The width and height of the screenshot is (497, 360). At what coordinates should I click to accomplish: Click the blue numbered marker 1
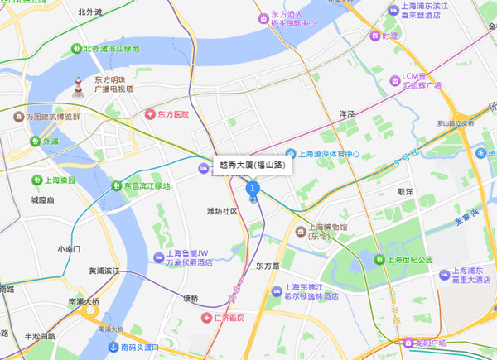pos(253,188)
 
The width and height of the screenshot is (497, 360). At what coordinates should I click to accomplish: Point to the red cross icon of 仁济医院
pos(206,318)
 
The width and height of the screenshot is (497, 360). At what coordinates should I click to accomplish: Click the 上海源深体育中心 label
pos(329,154)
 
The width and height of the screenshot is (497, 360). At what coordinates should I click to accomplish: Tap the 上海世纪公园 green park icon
pos(379,260)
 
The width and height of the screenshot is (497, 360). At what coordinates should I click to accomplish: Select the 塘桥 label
pos(191,298)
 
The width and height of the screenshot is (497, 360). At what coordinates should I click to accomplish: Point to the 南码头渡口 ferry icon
pos(113,348)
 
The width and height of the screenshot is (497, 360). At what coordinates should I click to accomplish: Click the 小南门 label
pos(70,248)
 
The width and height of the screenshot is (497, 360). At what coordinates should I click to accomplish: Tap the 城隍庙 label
pos(42,200)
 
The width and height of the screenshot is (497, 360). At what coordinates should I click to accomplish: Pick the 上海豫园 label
pos(60,180)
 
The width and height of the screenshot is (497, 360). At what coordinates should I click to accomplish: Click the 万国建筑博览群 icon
pos(17,118)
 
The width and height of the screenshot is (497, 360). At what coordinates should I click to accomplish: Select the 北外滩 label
pos(89,12)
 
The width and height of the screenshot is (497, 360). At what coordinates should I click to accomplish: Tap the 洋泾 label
pos(347,113)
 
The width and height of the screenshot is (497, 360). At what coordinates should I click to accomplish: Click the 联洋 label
pos(405,192)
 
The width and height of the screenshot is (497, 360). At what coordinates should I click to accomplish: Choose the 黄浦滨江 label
pos(104,271)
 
